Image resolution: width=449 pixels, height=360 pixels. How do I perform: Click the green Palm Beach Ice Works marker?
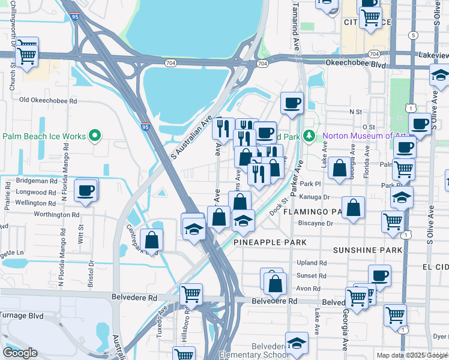94,136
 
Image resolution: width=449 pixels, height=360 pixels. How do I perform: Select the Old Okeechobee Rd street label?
48,100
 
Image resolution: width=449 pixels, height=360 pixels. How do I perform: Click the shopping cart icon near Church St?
26,55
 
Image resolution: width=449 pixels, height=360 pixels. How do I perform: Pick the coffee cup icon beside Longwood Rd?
86,191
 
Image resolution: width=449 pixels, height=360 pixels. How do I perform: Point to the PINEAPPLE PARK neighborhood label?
270,242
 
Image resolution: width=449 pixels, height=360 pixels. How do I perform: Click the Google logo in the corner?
20,353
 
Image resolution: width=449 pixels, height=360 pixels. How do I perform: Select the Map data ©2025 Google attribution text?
412,355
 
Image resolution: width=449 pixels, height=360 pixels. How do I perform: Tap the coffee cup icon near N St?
292,103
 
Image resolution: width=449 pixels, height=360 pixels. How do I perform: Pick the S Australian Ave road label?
192,137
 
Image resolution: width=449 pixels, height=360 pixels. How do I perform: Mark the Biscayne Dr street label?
316,223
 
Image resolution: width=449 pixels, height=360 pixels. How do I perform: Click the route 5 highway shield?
412,35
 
